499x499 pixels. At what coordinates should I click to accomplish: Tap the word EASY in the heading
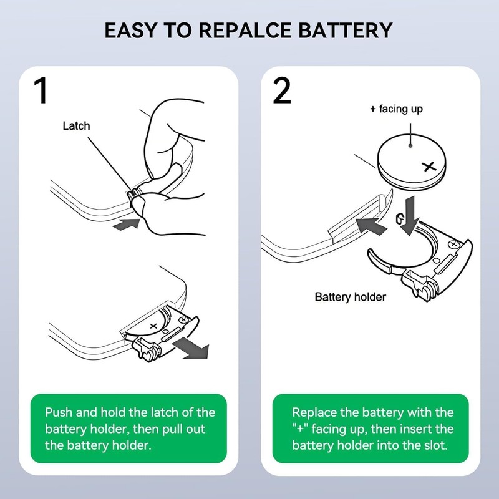pos(128,30)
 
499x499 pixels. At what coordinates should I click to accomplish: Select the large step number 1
pos(41,91)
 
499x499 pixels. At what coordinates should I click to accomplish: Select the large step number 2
pos(282,91)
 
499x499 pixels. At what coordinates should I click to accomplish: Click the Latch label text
pos(76,126)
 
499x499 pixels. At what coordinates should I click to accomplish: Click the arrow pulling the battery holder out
pos(191,348)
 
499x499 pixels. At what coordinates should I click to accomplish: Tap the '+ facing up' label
pos(396,109)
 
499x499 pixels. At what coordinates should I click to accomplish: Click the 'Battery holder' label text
pos(350,297)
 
